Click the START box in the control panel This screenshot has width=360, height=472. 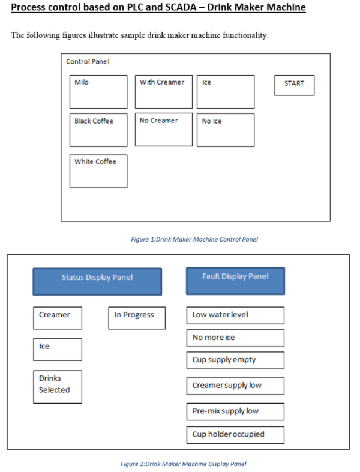(294, 85)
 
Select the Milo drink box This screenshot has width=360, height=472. (98, 91)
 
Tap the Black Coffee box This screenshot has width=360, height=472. (98, 130)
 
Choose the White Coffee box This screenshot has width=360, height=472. (98, 171)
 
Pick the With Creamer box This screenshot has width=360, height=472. (164, 91)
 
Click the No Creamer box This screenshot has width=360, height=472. (164, 129)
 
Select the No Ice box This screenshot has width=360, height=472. (225, 130)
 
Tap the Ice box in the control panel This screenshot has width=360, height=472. (225, 91)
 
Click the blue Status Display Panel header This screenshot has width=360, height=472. (97, 281)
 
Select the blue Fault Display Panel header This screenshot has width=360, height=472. (235, 281)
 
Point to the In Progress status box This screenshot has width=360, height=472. (137, 317)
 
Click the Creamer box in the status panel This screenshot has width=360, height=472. (58, 317)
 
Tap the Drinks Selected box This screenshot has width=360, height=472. (58, 386)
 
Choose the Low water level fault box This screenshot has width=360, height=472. (235, 315)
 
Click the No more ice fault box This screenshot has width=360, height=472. (235, 338)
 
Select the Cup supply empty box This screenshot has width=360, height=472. (235, 360)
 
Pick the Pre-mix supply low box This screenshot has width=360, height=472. (235, 411)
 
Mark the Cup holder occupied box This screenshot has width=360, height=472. (235, 434)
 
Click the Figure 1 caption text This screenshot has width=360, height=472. (194, 239)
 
